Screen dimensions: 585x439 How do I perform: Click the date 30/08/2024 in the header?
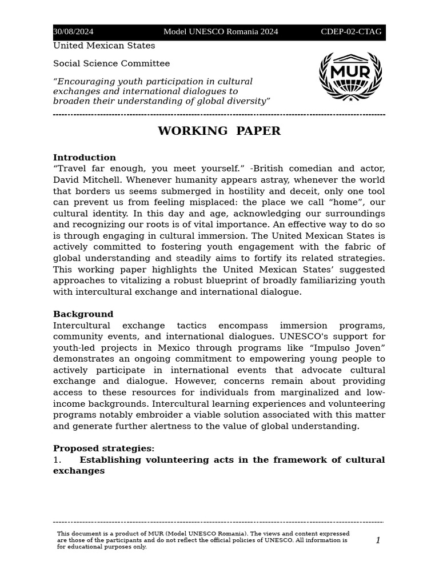point(73,32)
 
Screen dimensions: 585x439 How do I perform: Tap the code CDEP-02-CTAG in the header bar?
point(351,32)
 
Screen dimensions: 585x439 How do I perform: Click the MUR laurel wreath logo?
point(350,76)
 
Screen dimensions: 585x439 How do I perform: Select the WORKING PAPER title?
point(219,131)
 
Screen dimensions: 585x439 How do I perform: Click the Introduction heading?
point(85,158)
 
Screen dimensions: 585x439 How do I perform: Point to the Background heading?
point(83,314)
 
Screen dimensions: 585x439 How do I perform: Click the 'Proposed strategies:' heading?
point(103,448)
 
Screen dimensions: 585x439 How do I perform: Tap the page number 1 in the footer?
point(378,540)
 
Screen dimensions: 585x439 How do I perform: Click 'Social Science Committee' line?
point(111,63)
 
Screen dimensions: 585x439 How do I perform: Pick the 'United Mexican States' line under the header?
point(104,46)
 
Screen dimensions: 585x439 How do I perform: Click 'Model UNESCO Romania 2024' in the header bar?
point(221,32)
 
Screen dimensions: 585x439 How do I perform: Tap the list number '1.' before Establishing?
point(57,460)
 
